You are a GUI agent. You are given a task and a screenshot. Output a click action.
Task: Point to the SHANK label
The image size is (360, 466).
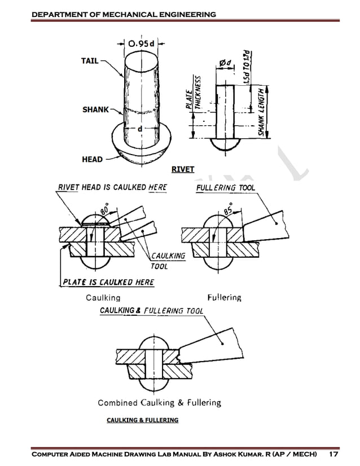click(x=96, y=109)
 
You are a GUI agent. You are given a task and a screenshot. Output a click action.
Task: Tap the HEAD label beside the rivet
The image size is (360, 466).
click(x=92, y=159)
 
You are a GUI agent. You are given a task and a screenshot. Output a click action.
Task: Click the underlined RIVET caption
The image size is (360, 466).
click(x=182, y=169)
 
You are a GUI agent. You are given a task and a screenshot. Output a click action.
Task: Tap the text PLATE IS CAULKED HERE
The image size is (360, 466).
click(x=108, y=282)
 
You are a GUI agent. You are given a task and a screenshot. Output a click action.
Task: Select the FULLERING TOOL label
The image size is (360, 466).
click(x=225, y=187)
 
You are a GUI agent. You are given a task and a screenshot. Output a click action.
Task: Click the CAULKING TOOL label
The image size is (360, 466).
click(x=168, y=260)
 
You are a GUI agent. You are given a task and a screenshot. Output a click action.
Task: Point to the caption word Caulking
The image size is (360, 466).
click(x=103, y=297)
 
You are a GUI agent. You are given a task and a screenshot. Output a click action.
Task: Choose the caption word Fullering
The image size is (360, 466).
click(x=224, y=297)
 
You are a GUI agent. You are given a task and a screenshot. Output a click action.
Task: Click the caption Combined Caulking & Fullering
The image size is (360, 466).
click(x=159, y=403)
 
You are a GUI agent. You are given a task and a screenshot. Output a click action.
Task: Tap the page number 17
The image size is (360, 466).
click(x=333, y=454)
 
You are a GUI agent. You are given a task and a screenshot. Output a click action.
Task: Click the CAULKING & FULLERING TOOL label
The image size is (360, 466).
click(x=151, y=311)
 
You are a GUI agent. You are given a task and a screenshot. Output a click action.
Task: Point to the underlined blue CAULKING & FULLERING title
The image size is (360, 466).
click(x=142, y=420)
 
